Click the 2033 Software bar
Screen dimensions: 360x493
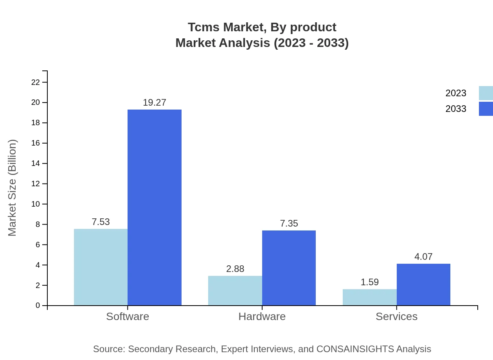click(155, 207)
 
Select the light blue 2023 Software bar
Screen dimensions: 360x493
click(101, 267)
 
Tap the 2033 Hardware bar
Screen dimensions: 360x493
click(289, 268)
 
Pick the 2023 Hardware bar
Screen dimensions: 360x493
click(235, 291)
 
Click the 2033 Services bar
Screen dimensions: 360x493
click(423, 284)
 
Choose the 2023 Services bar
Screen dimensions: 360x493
click(369, 297)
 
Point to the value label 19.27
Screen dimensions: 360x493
click(155, 103)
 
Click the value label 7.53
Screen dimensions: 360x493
click(101, 222)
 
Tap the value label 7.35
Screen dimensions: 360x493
click(289, 223)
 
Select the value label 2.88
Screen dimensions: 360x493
click(235, 269)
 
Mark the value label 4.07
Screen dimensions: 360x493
click(423, 257)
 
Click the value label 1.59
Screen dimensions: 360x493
click(369, 282)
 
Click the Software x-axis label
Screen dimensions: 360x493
click(128, 316)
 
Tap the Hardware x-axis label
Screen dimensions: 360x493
click(262, 316)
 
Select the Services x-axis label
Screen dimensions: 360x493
click(396, 316)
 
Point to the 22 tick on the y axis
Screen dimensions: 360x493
click(36, 82)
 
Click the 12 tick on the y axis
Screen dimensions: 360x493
click(36, 184)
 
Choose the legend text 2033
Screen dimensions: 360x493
click(456, 109)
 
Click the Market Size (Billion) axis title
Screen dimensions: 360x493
click(12, 188)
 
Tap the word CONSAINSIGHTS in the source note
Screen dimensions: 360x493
click(354, 349)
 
